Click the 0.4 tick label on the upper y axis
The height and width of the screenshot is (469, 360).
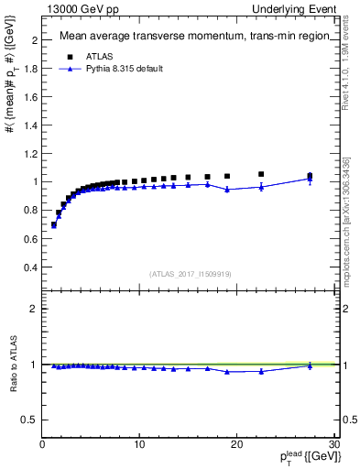coord(30,267)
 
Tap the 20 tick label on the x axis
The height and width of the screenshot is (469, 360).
coord(237,444)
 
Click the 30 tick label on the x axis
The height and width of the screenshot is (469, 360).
coord(334,444)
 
